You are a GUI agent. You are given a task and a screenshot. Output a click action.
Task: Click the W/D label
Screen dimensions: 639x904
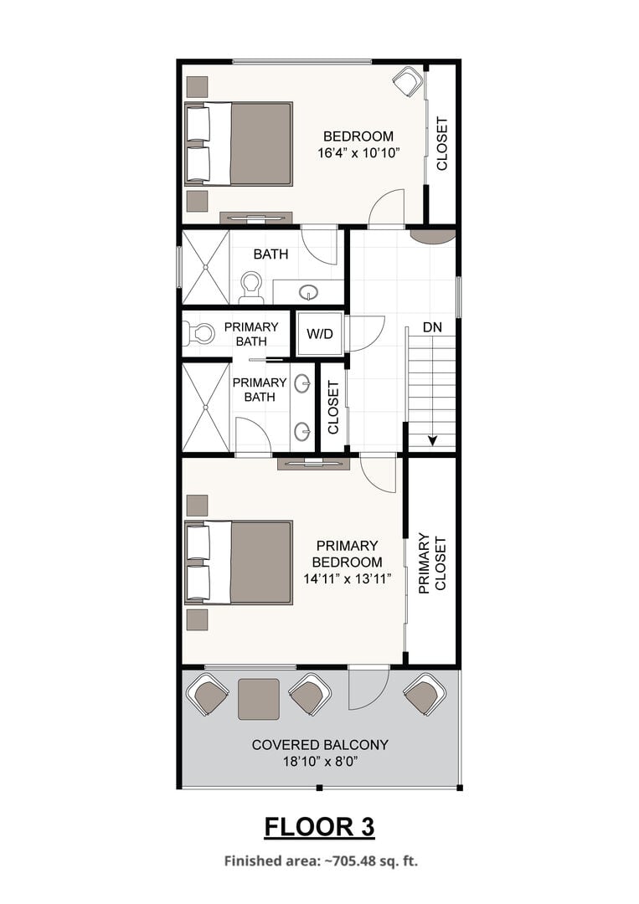(x=320, y=334)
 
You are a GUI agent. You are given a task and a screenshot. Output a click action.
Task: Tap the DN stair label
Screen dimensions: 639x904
(x=432, y=327)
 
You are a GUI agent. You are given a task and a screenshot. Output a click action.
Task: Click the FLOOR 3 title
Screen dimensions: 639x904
(x=320, y=827)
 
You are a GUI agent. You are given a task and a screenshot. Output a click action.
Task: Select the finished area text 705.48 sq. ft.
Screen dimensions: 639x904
(x=371, y=861)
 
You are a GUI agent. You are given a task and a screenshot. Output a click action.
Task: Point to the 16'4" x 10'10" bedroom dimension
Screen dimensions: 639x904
(x=358, y=153)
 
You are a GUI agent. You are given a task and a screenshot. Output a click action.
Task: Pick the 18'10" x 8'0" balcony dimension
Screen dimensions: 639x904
(x=321, y=762)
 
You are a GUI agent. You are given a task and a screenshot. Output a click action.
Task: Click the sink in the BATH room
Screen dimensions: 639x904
(x=310, y=292)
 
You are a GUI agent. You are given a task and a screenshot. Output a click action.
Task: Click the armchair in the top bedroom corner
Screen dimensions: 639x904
(x=409, y=81)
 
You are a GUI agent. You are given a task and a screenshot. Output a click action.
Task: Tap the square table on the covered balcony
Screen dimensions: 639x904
(x=259, y=699)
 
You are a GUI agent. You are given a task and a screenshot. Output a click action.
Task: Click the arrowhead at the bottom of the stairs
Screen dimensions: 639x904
(x=432, y=441)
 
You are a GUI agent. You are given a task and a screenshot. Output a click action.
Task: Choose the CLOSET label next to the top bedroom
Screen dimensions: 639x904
(x=441, y=144)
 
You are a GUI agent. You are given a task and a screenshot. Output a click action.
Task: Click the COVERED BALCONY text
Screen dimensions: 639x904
(x=320, y=745)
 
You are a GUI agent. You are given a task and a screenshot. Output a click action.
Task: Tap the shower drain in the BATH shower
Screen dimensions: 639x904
(x=205, y=267)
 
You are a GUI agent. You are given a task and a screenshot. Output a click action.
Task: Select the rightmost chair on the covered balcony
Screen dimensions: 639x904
(x=425, y=694)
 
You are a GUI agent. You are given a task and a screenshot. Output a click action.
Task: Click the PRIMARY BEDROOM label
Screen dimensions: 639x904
(x=348, y=553)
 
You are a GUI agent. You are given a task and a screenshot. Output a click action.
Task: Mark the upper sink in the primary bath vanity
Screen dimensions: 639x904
(x=303, y=383)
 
